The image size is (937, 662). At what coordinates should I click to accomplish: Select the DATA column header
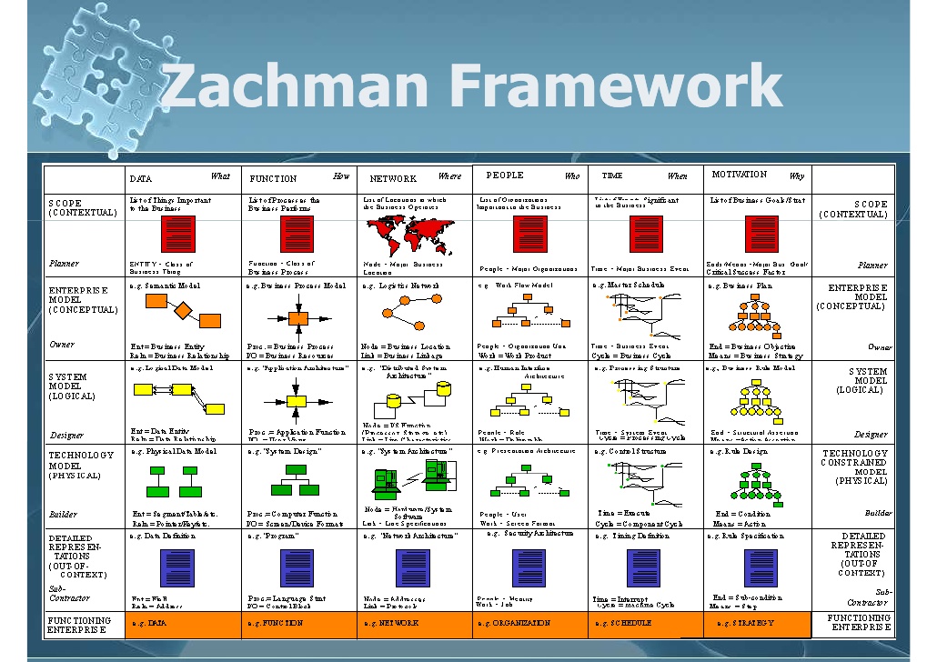(x=141, y=179)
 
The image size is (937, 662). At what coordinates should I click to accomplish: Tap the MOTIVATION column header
(x=739, y=175)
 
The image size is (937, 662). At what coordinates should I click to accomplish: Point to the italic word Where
(x=449, y=176)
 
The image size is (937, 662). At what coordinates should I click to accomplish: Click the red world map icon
(x=409, y=235)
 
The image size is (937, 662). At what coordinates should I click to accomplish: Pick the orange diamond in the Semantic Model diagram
(x=183, y=312)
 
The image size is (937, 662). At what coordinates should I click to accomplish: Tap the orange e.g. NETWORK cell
(x=391, y=624)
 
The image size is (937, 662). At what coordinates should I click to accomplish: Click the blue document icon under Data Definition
(x=177, y=568)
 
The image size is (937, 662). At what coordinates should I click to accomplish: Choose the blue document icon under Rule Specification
(x=761, y=567)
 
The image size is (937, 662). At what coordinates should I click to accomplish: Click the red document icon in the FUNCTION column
(x=297, y=234)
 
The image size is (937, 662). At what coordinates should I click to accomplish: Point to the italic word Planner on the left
(x=64, y=264)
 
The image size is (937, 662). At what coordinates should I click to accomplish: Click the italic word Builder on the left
(x=64, y=514)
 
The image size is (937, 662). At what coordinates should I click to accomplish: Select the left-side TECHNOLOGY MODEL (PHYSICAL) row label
(x=82, y=465)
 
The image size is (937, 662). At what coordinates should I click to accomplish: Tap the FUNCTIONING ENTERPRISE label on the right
(x=859, y=623)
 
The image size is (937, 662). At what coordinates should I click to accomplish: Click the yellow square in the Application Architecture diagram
(x=295, y=400)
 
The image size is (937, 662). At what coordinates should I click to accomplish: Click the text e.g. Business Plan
(x=740, y=286)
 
